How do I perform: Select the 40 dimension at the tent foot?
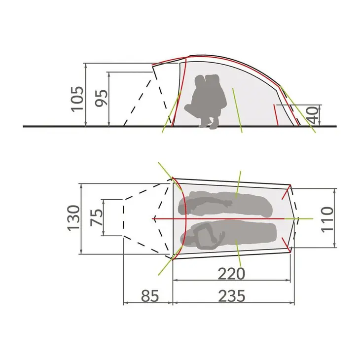coord(313,115)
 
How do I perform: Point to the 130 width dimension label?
coord(73,217)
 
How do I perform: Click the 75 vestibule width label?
coord(97,217)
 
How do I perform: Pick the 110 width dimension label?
coord(327,220)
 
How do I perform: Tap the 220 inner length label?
coord(231,274)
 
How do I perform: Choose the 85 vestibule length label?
coord(150,296)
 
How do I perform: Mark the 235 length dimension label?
coord(232,296)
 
